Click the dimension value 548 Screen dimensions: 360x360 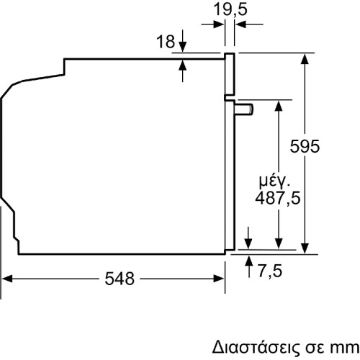119,279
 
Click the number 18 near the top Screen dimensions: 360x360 165,42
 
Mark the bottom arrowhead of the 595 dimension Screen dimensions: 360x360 307,247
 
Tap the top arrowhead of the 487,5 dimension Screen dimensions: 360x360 278,105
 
